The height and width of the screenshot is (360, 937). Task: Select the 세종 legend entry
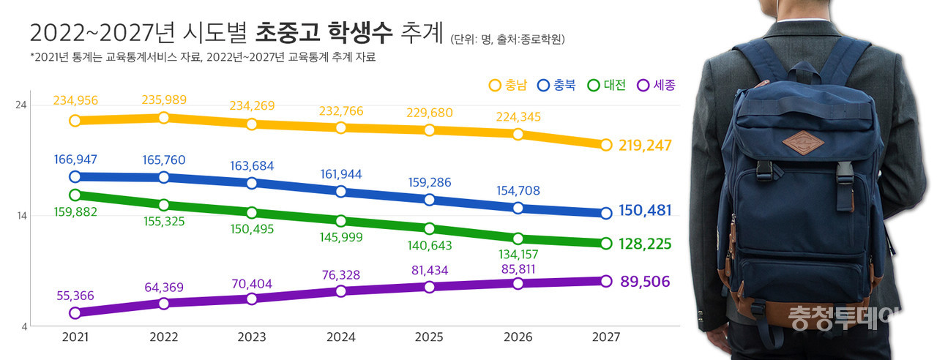[x=655, y=85]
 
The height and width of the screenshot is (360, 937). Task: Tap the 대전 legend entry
[x=606, y=85]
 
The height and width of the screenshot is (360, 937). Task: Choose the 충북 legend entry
[x=556, y=85]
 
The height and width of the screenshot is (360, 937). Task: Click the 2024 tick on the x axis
[x=340, y=337]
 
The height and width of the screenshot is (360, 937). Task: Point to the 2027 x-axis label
[x=605, y=337]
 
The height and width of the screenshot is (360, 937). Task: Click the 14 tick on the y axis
[x=21, y=216]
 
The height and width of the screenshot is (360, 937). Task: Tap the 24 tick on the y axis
[x=21, y=105]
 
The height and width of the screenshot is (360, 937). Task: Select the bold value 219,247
[x=645, y=146]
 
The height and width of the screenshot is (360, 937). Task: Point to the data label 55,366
[x=75, y=296]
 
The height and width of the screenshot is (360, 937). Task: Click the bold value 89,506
[x=645, y=282]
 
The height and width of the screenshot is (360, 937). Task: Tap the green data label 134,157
[x=518, y=255]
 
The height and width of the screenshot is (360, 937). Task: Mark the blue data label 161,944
[x=340, y=174]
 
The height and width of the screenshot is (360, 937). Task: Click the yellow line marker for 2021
[x=75, y=120]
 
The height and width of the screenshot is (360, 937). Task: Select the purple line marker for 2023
[x=252, y=299]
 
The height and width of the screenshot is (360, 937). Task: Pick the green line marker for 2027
[x=605, y=244]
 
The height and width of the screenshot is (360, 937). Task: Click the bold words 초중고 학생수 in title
[x=324, y=33]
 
